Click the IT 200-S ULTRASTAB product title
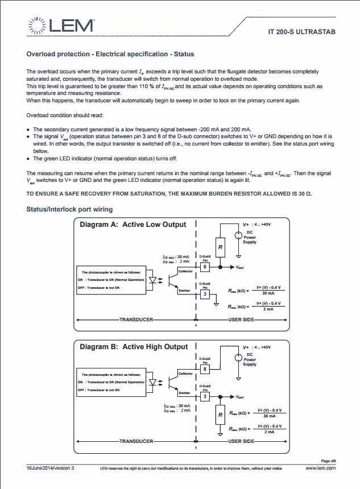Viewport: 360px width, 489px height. point(302,32)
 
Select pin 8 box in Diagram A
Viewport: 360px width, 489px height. point(205,267)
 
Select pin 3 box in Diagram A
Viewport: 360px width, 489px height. point(205,294)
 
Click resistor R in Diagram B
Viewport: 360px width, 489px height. point(220,415)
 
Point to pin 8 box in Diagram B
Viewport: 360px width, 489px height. point(205,369)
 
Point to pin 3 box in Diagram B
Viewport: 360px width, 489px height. point(205,396)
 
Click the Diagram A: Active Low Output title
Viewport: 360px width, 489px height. point(133,225)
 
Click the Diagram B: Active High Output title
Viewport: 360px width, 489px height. point(134,346)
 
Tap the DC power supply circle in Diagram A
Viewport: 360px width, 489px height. point(238,234)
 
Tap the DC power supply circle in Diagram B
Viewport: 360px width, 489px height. point(238,358)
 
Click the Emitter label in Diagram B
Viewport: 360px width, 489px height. point(185,392)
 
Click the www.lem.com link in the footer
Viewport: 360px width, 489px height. point(321,467)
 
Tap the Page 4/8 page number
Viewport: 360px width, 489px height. point(328,461)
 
